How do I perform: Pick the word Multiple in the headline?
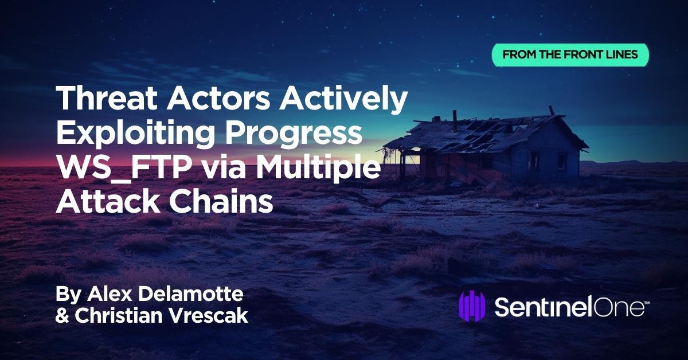(318, 169)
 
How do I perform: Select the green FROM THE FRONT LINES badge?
(570, 55)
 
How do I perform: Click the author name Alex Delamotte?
(165, 294)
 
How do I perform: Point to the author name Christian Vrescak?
(162, 315)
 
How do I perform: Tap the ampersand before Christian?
(62, 316)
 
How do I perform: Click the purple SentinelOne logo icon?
(472, 306)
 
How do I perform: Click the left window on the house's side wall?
(534, 161)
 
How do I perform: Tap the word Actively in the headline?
(343, 100)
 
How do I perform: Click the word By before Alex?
(68, 295)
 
